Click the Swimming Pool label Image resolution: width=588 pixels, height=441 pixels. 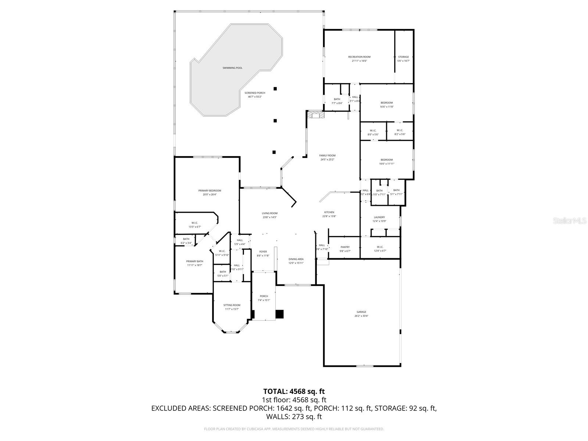(x=232, y=68)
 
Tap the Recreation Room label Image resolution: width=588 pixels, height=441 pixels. (x=359, y=57)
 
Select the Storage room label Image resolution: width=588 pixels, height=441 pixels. (x=403, y=57)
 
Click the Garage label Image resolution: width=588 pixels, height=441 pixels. (x=361, y=312)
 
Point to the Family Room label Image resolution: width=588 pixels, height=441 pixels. (x=327, y=155)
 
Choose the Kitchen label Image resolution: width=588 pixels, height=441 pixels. (x=329, y=212)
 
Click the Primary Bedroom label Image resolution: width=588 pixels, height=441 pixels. (x=209, y=190)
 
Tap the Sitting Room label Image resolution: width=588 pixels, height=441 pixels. (x=232, y=305)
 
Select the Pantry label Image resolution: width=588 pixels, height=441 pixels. (x=345, y=247)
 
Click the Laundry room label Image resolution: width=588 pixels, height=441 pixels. (x=379, y=217)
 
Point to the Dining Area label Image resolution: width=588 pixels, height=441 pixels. (x=295, y=259)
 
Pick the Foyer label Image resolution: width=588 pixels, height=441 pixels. (x=263, y=252)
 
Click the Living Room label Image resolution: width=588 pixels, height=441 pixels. (x=269, y=213)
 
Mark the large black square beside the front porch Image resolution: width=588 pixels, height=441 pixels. (x=280, y=314)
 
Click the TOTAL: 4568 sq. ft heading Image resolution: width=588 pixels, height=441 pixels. (x=294, y=391)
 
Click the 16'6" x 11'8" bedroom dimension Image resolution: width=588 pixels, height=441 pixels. (x=386, y=107)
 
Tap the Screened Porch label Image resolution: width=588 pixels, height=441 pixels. (x=255, y=93)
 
